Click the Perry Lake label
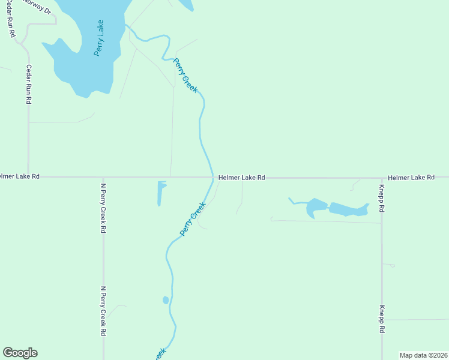point(100,38)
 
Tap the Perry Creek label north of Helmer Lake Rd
point(185,75)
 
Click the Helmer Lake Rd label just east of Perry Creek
point(241,178)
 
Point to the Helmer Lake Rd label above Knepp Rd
point(411,178)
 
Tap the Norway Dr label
point(37,7)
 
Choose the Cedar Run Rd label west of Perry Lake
point(28,84)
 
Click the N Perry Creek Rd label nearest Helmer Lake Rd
point(103,208)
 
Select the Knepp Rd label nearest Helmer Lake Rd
point(381,199)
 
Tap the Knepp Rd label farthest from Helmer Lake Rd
point(381,319)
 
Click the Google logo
point(20,353)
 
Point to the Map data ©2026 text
point(423,355)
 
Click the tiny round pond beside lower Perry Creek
point(166,300)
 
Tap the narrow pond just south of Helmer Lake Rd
point(160,193)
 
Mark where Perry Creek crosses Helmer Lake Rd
point(213,177)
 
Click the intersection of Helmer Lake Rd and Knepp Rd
point(381,178)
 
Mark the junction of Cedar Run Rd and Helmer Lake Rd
point(28,177)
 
